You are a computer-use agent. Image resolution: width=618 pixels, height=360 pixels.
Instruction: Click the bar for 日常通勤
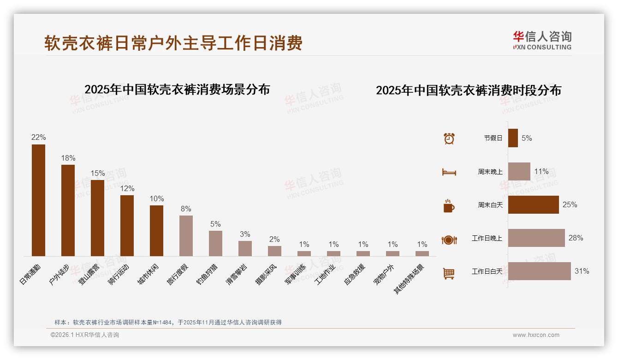click(x=38, y=200)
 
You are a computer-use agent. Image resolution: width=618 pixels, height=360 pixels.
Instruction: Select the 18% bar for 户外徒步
click(x=68, y=210)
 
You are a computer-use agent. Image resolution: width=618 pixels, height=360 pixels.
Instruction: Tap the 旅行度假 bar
click(x=186, y=236)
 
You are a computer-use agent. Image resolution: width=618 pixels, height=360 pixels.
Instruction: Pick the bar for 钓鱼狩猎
click(x=215, y=243)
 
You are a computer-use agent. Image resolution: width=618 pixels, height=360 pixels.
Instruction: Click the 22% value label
click(x=38, y=138)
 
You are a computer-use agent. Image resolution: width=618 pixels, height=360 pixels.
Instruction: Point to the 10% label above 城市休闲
click(x=156, y=199)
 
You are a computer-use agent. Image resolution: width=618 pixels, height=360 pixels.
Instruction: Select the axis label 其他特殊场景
click(x=409, y=279)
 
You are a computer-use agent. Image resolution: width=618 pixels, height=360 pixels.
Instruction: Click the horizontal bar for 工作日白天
click(x=539, y=271)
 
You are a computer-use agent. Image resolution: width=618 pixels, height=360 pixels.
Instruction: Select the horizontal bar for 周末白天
click(x=533, y=204)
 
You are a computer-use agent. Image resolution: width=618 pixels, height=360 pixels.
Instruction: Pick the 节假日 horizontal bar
click(x=513, y=138)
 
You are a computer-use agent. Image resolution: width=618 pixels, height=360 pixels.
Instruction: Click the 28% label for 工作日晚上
click(x=576, y=238)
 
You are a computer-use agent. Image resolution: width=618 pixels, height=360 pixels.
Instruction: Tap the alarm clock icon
click(x=449, y=138)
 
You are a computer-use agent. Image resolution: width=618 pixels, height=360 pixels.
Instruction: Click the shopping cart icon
click(x=449, y=274)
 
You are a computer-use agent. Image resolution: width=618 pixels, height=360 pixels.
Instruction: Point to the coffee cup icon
click(x=449, y=206)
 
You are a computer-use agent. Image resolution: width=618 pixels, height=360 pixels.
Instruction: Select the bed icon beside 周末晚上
click(x=449, y=172)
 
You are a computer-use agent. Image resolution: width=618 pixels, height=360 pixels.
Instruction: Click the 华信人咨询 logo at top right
click(x=542, y=40)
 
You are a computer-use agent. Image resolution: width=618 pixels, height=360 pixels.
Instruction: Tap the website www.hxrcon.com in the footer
click(x=536, y=335)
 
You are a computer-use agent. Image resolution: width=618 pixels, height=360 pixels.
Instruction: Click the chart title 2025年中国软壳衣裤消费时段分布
click(x=468, y=90)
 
